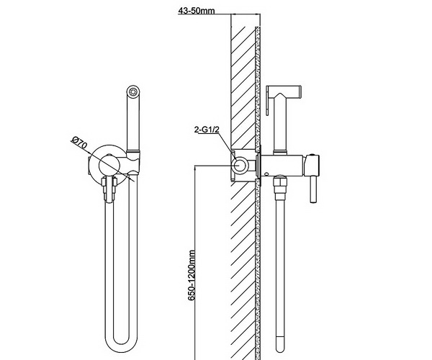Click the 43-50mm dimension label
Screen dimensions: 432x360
tap(197, 11)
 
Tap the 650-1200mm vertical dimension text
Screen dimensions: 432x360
tap(192, 276)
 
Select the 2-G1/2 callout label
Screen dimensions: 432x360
tap(207, 130)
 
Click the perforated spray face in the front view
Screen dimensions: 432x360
tap(133, 91)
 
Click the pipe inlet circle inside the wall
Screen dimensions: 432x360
tap(240, 166)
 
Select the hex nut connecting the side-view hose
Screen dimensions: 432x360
tap(279, 182)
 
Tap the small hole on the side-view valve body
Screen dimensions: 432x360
tap(266, 174)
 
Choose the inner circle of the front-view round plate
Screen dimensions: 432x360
tap(109, 165)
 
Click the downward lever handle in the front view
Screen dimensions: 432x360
tap(109, 190)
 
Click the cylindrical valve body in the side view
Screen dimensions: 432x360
tap(282, 166)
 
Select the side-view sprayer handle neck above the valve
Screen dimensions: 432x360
tap(280, 138)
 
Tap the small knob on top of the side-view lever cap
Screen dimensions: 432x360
tap(312, 155)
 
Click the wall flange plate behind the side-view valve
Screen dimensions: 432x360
tap(258, 166)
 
